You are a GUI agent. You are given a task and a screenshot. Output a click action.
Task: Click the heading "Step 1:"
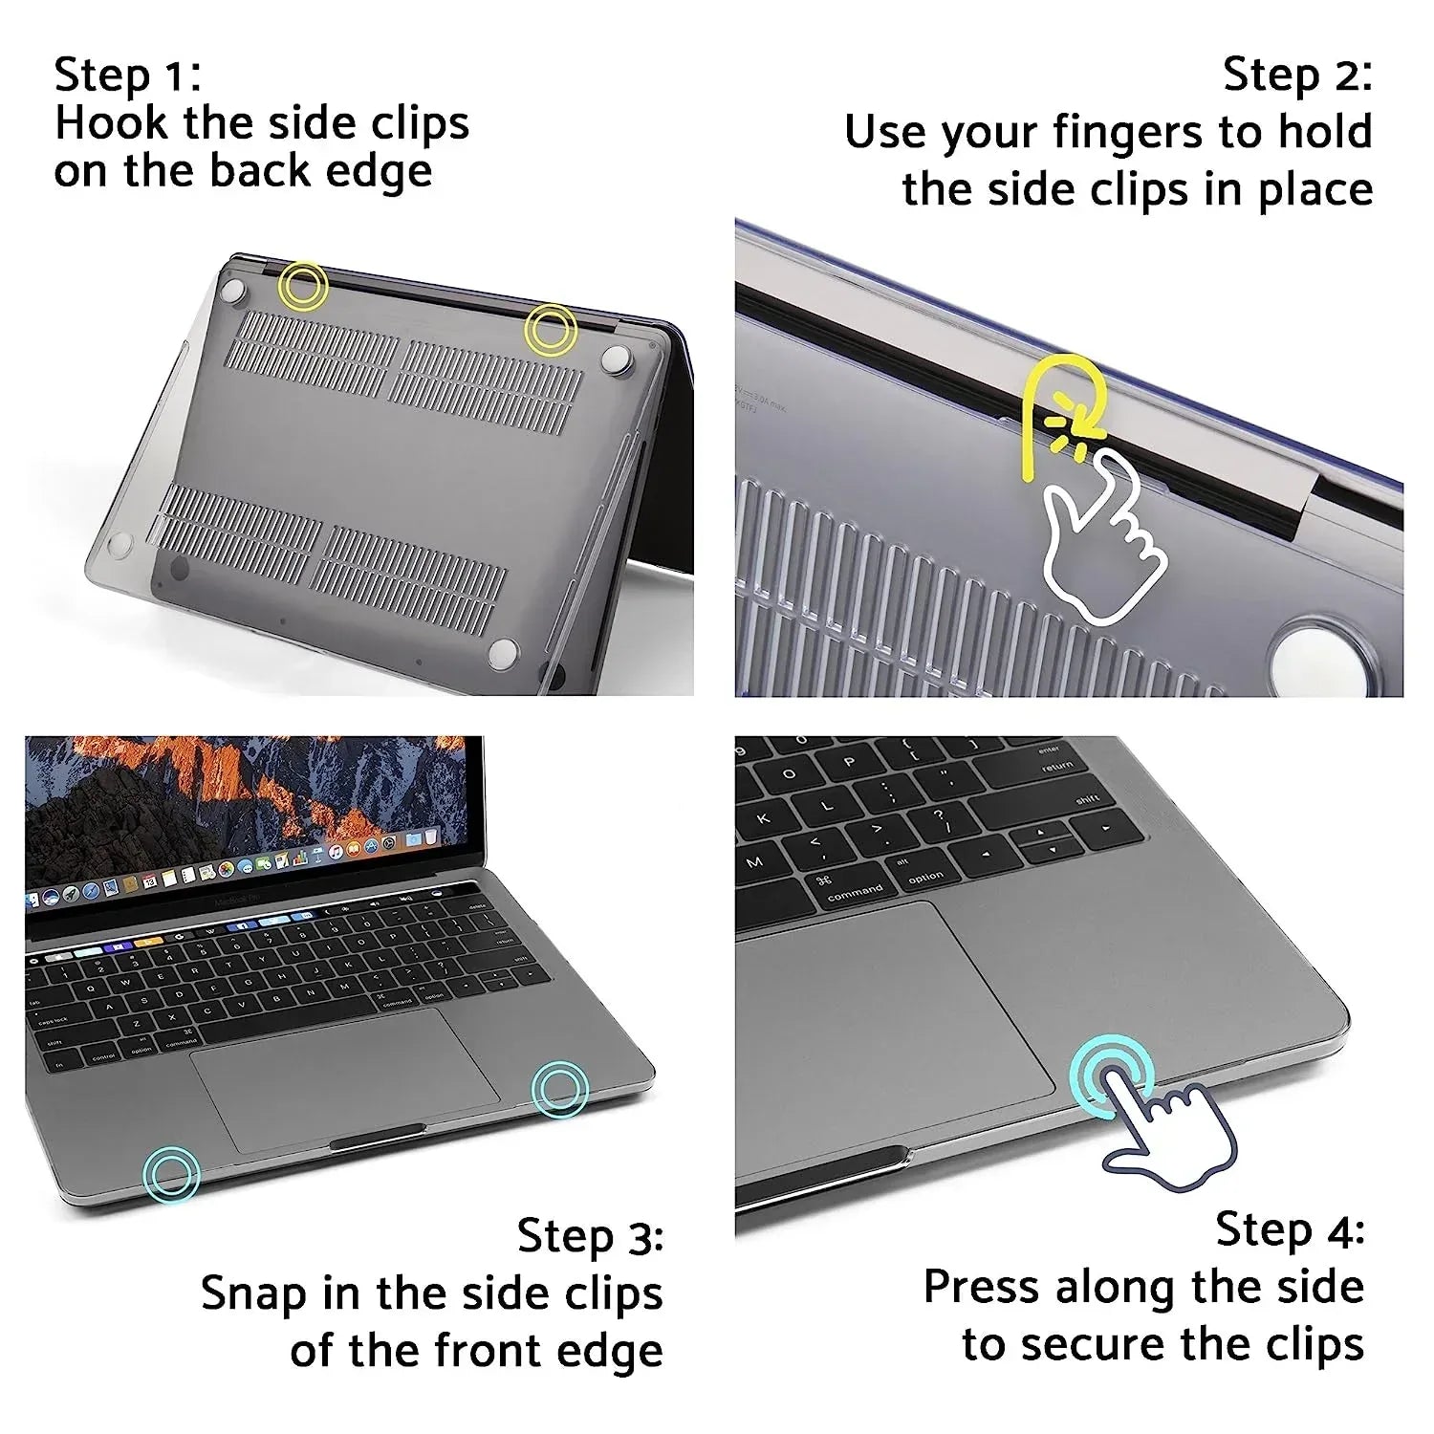(127, 76)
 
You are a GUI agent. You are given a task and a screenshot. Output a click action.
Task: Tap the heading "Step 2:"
(1297, 76)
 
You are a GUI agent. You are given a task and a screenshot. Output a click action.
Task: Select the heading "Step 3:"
(590, 1236)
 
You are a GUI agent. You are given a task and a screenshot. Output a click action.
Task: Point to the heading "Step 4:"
(1290, 1229)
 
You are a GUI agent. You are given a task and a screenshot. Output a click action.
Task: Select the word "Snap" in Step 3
(253, 1293)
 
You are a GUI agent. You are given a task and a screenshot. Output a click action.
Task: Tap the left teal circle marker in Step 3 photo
(171, 1174)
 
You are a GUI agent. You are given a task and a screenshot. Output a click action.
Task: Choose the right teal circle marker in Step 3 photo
(559, 1089)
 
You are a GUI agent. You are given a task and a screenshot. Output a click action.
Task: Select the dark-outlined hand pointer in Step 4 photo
(1171, 1138)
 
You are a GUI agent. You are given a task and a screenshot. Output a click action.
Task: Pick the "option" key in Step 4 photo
(923, 873)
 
